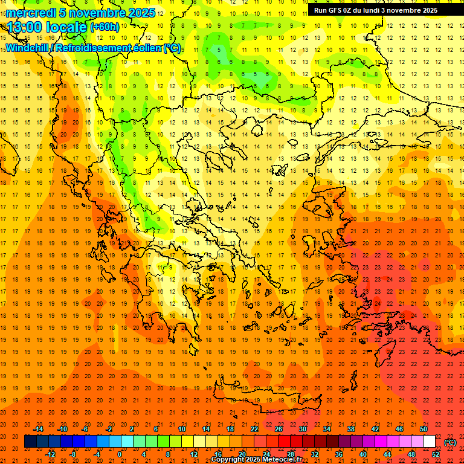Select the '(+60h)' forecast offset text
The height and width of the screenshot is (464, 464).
(x=105, y=27)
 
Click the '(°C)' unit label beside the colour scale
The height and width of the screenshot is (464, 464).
(x=449, y=442)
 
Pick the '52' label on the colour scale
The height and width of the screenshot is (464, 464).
(x=436, y=454)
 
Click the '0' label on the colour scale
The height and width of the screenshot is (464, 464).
(x=120, y=454)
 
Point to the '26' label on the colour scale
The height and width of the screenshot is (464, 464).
(x=278, y=429)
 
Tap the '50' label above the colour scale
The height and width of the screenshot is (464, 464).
(x=424, y=429)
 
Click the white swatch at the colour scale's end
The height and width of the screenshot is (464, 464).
(x=429, y=442)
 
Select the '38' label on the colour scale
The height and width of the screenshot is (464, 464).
(x=351, y=429)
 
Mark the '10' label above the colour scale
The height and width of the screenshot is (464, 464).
(x=181, y=429)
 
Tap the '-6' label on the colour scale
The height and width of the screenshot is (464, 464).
(x=85, y=429)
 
